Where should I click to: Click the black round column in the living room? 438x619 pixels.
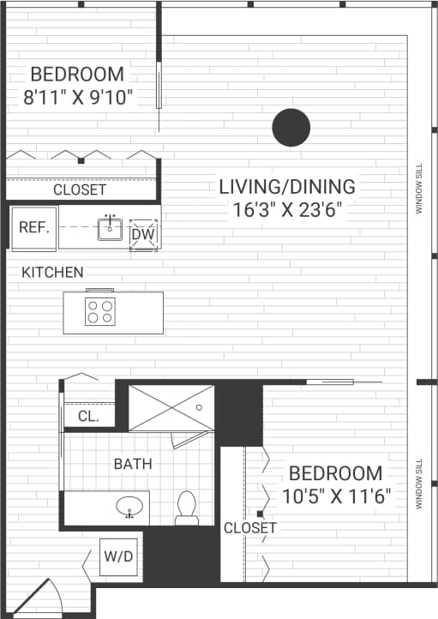pos(291,128)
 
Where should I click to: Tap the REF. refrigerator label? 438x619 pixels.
pos(33,229)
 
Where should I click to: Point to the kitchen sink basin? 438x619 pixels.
pos(109,229)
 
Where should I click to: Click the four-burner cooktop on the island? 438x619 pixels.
pos(99,312)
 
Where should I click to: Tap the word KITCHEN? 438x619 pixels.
pos(53,273)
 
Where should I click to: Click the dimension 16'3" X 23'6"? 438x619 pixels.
pos(286,211)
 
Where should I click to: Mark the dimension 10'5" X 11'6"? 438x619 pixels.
pos(336,495)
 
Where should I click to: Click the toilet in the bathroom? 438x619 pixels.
pos(186,508)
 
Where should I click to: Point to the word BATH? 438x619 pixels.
pos(133,464)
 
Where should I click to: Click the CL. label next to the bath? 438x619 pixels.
pos(88,417)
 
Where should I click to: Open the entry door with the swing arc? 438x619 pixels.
pos(40,598)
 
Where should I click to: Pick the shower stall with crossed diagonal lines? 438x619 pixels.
pos(171,407)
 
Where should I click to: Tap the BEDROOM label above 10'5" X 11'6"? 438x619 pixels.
pos(335,473)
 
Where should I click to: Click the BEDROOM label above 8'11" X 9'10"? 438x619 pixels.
pos(77,74)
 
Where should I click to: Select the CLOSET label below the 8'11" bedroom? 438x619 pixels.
pos(80,189)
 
